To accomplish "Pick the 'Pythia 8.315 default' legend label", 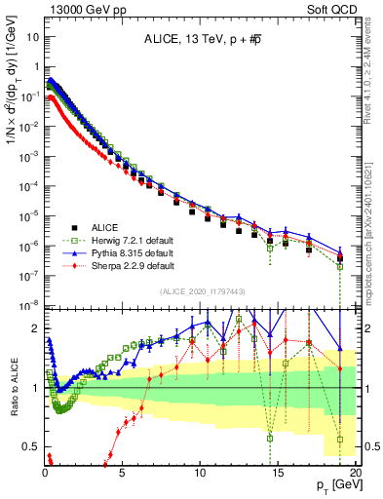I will (x=129, y=251).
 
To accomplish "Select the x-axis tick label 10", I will (x=200, y=474).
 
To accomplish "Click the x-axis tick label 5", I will (x=123, y=474).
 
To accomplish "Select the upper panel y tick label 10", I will (x=30, y=36).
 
